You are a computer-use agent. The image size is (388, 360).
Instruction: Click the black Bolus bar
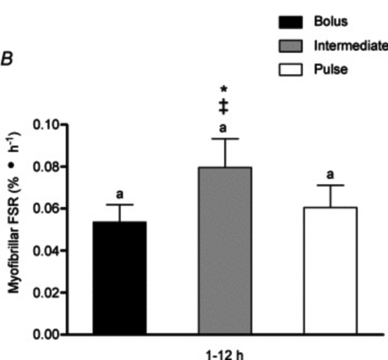tap(120, 278)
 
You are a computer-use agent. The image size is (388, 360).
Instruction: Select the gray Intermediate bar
tap(225, 251)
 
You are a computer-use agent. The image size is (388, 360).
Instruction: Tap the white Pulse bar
tap(330, 271)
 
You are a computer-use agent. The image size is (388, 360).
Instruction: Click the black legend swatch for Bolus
tap(291, 22)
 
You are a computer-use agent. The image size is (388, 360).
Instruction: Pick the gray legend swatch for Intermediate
tap(291, 46)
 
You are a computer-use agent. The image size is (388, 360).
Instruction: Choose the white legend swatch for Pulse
tap(291, 70)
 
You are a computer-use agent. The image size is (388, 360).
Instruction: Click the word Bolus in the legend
tap(331, 21)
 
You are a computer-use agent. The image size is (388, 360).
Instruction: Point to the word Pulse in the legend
tap(331, 70)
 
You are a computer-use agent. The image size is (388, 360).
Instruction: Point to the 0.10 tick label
tap(46, 124)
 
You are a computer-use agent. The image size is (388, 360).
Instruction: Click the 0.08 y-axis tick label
tap(46, 167)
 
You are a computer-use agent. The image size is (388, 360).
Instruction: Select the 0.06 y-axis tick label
tap(46, 209)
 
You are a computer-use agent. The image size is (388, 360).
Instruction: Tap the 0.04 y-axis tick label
tap(46, 251)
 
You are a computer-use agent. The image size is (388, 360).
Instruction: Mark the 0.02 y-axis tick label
tap(46, 293)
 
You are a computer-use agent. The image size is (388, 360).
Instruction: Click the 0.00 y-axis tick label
tap(46, 335)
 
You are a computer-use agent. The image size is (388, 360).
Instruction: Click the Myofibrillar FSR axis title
tap(13, 213)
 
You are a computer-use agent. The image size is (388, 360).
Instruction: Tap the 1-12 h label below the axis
tap(225, 355)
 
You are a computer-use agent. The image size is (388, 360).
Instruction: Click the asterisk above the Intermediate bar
tap(224, 89)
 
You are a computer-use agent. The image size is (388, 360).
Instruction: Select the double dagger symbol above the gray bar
tap(224, 107)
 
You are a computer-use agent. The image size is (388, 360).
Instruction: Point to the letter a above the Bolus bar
tap(120, 194)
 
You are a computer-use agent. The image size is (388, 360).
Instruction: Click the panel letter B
tap(7, 60)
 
